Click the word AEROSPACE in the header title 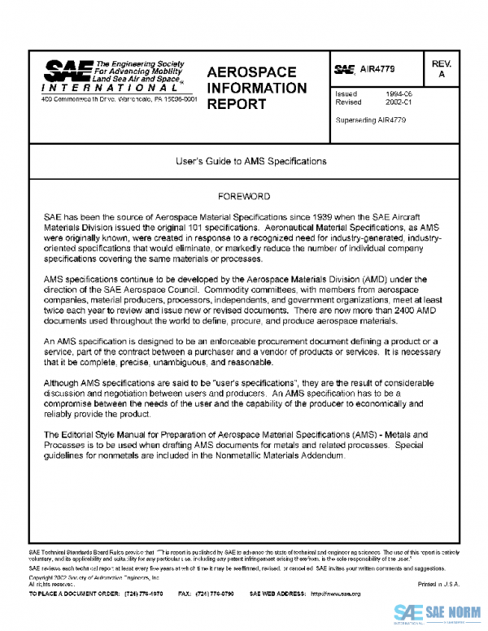coord(251,72)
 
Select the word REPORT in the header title coord(236,104)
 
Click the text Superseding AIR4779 coord(370,120)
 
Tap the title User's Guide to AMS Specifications coord(251,161)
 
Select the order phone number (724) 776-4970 coord(144,594)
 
